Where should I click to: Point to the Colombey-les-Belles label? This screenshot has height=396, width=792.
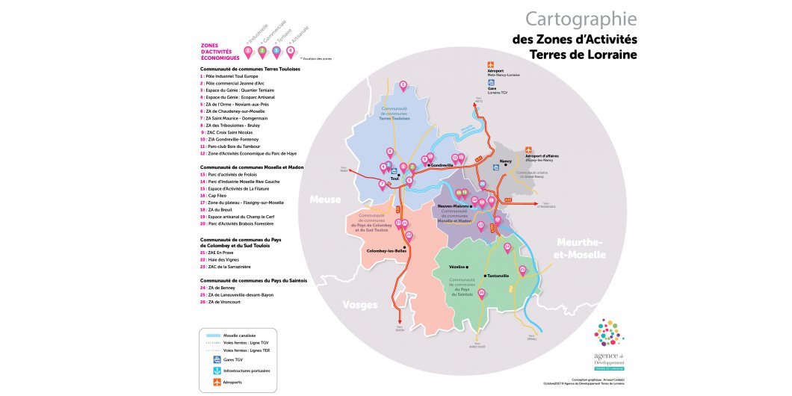click(x=386, y=252)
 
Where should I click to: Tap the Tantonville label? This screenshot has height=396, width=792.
click(x=496, y=276)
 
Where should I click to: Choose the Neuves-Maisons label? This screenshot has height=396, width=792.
click(x=453, y=205)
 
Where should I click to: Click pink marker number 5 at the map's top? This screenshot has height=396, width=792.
click(x=403, y=85)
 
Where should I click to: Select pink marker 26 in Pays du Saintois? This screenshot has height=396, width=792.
click(x=481, y=294)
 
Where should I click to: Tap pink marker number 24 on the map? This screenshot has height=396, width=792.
click(x=507, y=247)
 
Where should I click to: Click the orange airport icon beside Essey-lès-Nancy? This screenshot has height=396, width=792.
click(x=529, y=150)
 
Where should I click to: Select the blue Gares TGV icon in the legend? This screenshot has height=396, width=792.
click(x=215, y=359)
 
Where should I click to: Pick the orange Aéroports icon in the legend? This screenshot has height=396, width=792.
click(x=215, y=382)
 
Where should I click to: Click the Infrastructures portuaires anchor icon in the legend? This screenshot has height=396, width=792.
click(x=215, y=371)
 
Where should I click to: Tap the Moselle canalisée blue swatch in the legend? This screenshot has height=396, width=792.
click(x=212, y=336)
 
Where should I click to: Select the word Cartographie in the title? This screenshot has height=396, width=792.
click(x=581, y=19)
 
